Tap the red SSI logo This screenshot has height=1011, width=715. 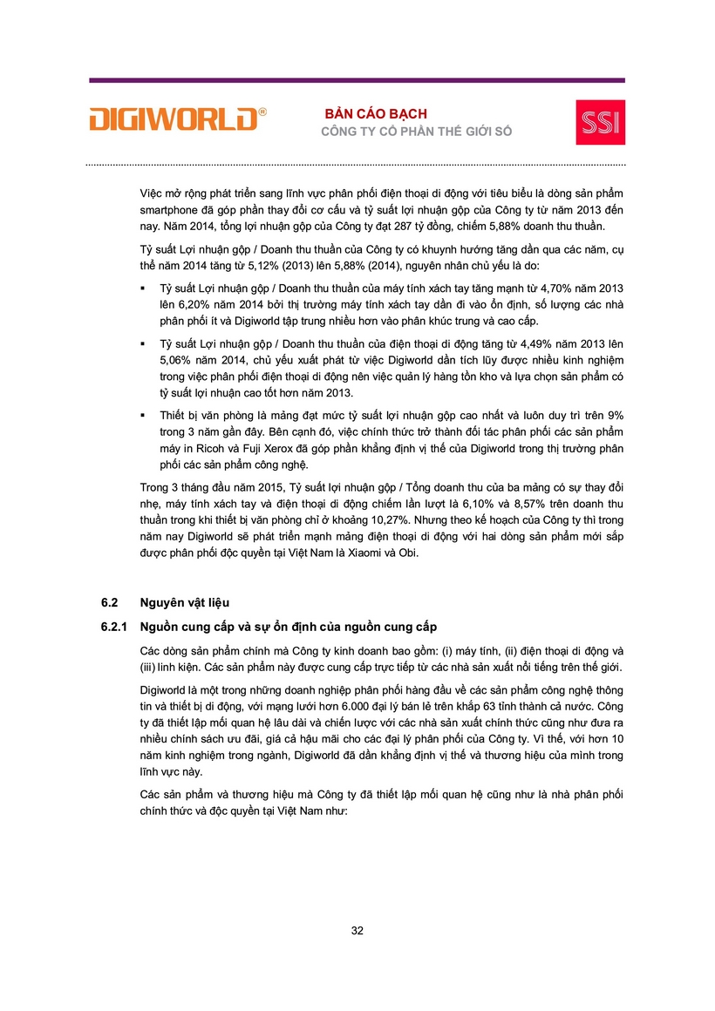[x=600, y=121]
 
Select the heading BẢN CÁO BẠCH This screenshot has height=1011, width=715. [x=376, y=114]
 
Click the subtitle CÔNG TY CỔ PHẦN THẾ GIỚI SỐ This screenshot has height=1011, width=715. [x=417, y=132]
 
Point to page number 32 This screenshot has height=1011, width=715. [x=357, y=930]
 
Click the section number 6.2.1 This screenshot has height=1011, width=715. [x=114, y=627]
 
